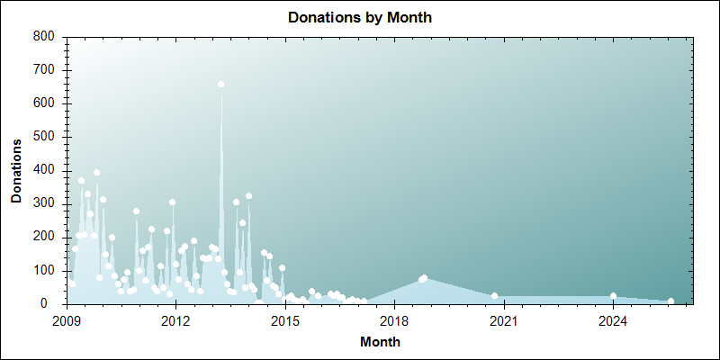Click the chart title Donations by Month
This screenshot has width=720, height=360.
coord(359,18)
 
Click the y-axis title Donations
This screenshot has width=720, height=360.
coord(17,170)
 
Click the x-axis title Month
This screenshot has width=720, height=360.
coord(380,342)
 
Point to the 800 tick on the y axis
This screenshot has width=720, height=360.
coord(45,37)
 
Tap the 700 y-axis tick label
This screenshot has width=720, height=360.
coord(45,70)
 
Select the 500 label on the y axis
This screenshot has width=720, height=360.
coord(45,137)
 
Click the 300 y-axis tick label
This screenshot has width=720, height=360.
coord(45,203)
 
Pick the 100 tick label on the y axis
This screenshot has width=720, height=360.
coord(45,270)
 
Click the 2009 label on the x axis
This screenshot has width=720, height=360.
coord(67,319)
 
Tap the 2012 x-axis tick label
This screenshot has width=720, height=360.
coord(175,319)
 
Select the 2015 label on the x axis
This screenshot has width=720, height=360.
coord(285,319)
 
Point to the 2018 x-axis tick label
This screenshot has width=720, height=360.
coord(394,319)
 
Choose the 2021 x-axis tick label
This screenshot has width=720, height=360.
coord(504,319)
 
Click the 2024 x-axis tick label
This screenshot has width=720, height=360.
coord(613,319)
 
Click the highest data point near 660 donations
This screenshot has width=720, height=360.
coord(220,85)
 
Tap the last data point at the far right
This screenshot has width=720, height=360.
coord(670,301)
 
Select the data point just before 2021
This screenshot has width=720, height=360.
coord(494,296)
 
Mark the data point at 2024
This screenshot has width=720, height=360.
coord(613,296)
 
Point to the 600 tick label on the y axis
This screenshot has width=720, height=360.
coord(45,103)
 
